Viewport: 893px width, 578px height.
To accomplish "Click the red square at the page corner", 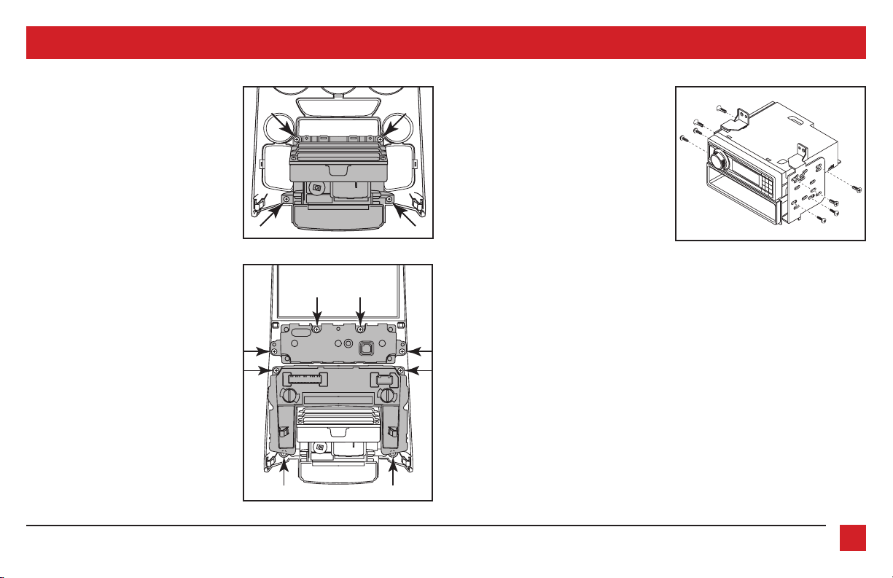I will click(852, 538).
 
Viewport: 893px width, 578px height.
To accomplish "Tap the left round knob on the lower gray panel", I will click(287, 397).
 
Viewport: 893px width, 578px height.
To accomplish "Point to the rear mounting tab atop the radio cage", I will click(801, 152).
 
